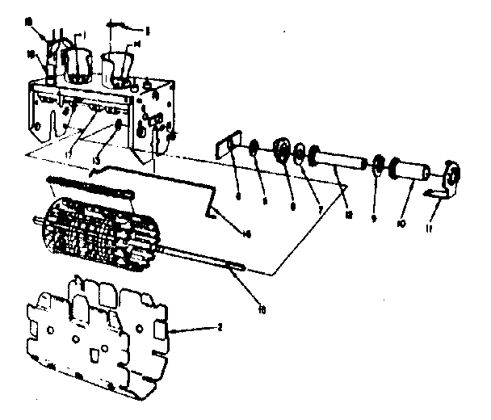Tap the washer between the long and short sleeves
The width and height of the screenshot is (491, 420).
pos(376,166)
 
